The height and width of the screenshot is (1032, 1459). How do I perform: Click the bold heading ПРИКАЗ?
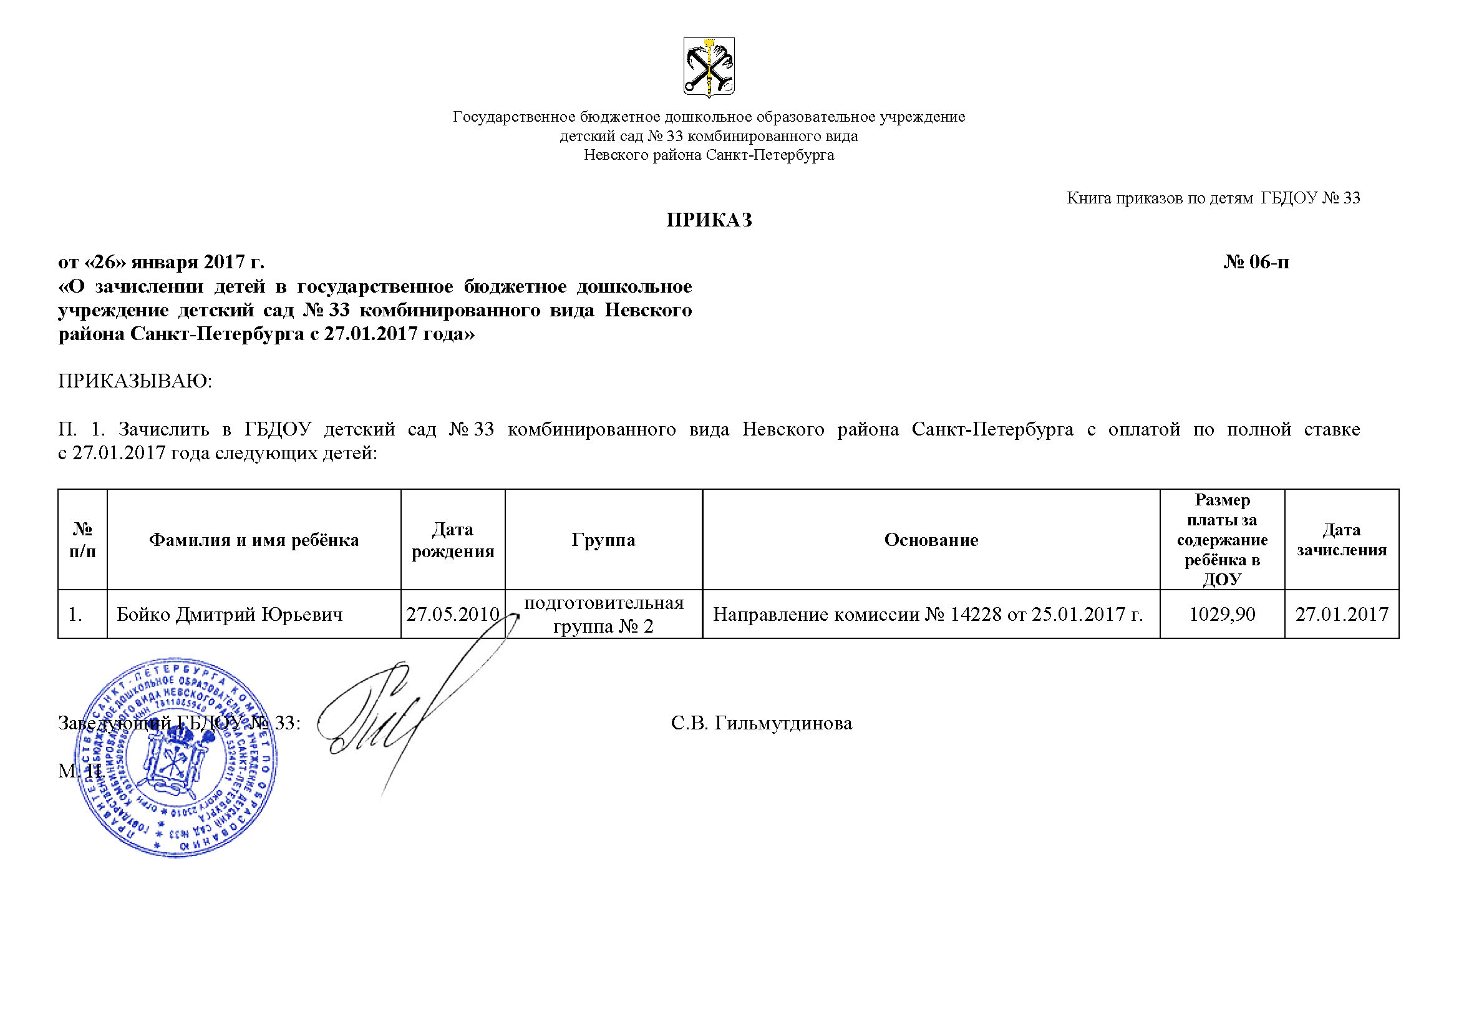(x=709, y=220)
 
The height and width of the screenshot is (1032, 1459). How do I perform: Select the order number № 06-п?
(x=1256, y=263)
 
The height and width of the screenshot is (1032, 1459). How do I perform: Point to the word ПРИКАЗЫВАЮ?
(x=135, y=381)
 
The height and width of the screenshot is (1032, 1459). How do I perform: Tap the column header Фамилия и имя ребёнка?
(x=253, y=540)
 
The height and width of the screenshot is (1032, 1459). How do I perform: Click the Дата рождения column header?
(x=452, y=540)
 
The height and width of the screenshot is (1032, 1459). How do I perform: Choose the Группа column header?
(x=603, y=540)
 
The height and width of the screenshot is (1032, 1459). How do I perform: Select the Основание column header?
(x=931, y=540)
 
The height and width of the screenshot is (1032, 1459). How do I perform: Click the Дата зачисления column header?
(x=1342, y=540)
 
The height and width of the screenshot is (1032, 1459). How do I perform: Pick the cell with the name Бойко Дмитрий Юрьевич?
(x=230, y=615)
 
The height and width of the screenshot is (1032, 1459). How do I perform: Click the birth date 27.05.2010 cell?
(x=452, y=615)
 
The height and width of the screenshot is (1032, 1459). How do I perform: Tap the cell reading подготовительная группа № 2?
(x=603, y=615)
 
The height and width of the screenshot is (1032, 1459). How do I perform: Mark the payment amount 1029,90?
(x=1222, y=615)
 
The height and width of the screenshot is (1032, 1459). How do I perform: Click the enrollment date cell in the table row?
(x=1342, y=615)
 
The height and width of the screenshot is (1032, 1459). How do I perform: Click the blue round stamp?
(x=180, y=757)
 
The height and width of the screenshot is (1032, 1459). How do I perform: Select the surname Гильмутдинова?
(x=783, y=723)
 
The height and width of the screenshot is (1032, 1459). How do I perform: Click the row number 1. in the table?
(x=75, y=615)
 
